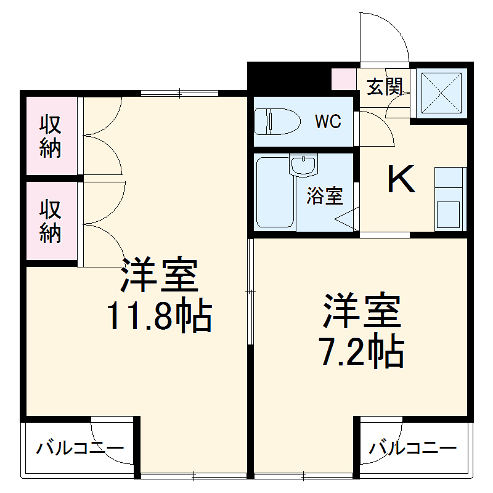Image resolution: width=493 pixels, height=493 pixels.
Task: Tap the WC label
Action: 328,121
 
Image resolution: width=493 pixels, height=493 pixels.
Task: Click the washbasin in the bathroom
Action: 303,165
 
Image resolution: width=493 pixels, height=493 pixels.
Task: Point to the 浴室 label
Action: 325,196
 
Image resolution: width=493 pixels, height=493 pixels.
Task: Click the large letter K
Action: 401,180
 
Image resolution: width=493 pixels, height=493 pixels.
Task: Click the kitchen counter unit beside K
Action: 449,197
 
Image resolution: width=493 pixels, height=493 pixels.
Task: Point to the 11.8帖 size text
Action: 160,316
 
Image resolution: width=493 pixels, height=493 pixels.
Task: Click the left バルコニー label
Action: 79,448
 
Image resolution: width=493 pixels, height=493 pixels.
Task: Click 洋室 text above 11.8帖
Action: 160,275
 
